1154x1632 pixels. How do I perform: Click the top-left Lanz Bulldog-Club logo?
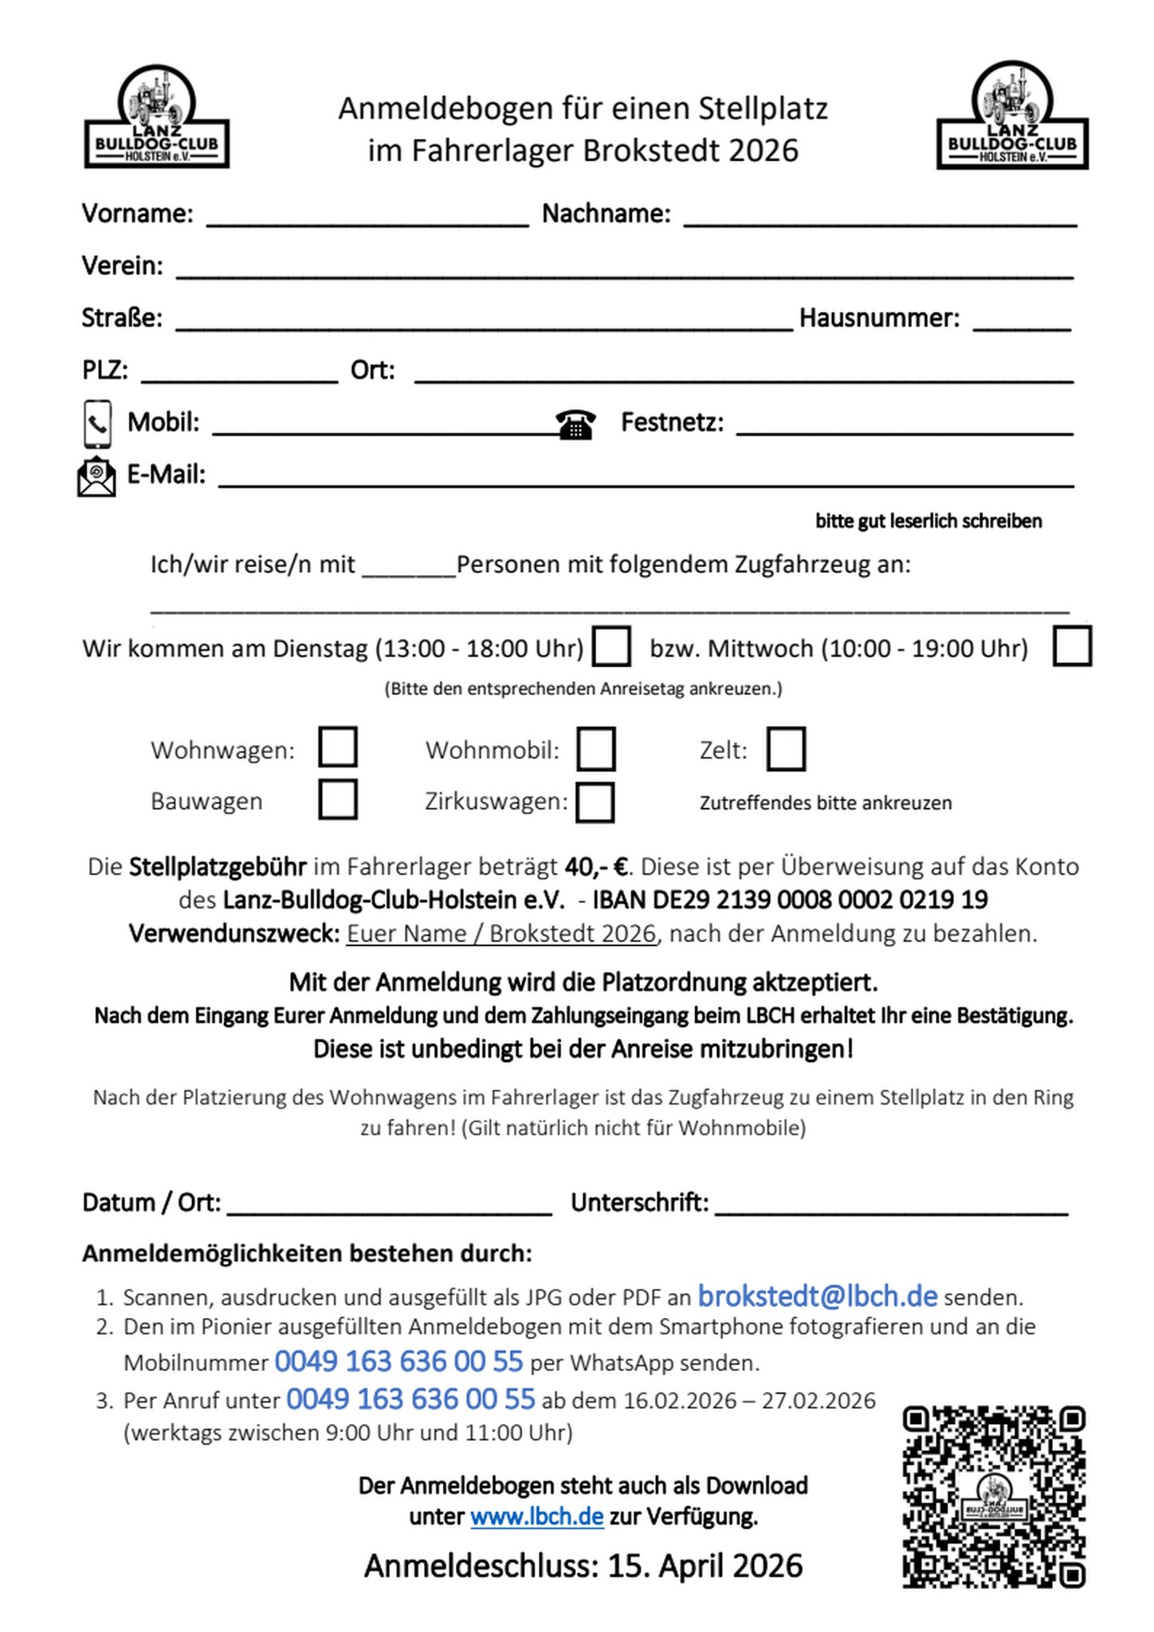coord(157,118)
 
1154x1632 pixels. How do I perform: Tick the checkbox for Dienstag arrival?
coord(612,646)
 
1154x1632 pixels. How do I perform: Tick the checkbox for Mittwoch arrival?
coord(1071,646)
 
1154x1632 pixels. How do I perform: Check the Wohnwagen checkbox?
coord(337,747)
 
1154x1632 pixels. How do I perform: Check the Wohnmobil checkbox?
coord(595,749)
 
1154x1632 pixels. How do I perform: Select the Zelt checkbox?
coord(786,749)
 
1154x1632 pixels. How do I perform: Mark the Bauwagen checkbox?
coord(337,800)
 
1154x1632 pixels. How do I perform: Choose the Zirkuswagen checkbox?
coord(595,802)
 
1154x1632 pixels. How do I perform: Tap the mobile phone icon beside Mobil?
coord(97,424)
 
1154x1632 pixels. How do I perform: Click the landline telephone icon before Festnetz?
coord(575,424)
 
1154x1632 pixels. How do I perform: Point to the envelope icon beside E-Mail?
coord(96,476)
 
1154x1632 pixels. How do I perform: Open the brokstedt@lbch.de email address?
coord(817,1297)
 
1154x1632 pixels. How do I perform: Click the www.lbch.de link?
coord(536,1516)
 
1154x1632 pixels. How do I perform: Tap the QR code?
coord(993,1497)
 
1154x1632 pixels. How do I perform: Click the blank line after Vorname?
coord(367,218)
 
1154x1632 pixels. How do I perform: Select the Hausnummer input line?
coord(1022,322)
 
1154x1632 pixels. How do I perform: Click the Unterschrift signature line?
coord(891,1206)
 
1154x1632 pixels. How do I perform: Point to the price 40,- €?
coord(595,866)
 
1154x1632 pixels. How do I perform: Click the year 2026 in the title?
coord(763,151)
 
